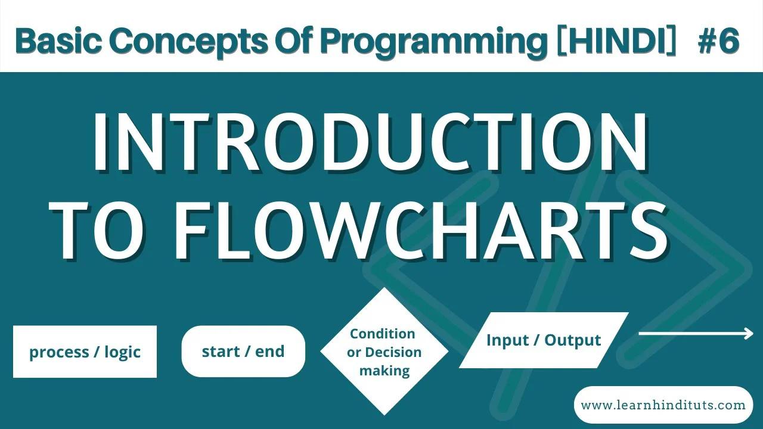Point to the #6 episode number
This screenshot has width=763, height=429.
coord(718,41)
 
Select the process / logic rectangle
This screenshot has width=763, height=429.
coord(85,352)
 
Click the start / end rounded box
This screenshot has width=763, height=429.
coord(243,352)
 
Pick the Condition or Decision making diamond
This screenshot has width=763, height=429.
coord(384,352)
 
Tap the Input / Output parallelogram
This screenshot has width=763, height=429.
coord(544,340)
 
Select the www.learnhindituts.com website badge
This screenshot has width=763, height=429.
coord(663,405)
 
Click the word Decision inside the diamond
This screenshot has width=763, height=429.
coord(393,352)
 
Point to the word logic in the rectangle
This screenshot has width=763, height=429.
coord(122,352)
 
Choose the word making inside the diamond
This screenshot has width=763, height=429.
coord(384,371)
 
